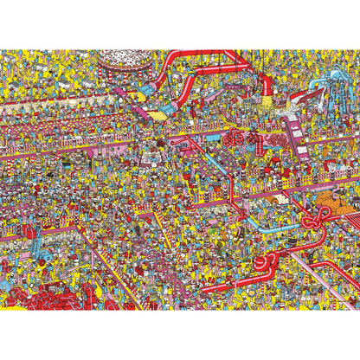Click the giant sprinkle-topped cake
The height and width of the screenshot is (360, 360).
(x=118, y=61)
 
